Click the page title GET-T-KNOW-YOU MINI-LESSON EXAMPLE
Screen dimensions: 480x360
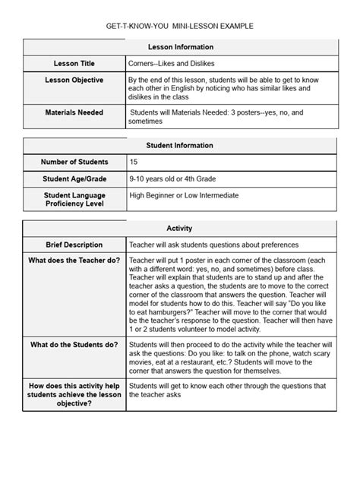[x=179, y=27]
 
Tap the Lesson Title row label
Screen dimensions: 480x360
[x=74, y=63]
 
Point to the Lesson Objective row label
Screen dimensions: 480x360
[x=74, y=80]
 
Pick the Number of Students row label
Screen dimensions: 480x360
[x=74, y=162]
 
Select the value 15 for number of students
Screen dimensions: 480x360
[x=134, y=162]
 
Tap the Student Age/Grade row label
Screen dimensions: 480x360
[x=74, y=178]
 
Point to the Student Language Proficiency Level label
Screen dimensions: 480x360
[x=74, y=200]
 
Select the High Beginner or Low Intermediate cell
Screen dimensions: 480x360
[x=184, y=195]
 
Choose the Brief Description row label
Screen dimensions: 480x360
[x=74, y=245]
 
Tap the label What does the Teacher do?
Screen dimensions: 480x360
[x=74, y=261]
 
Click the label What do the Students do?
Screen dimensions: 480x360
[x=74, y=344]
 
